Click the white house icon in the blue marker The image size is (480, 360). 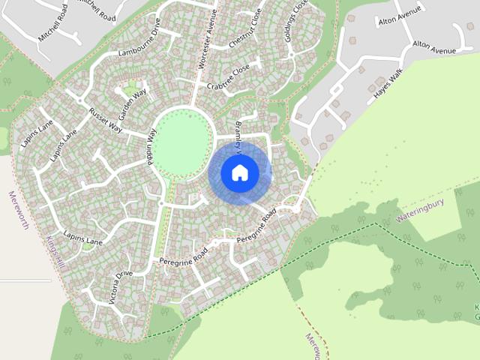240,172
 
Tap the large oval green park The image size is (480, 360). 181,142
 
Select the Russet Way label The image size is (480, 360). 105,120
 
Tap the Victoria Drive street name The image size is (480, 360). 121,285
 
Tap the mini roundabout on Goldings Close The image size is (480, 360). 290,55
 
